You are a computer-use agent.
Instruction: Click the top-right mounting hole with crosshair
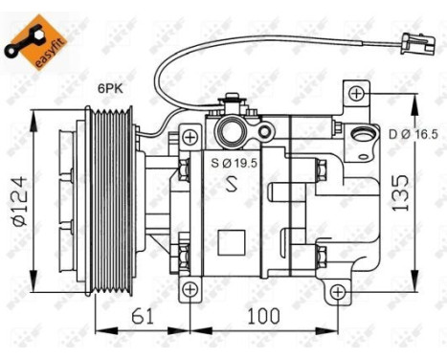[x=356, y=93]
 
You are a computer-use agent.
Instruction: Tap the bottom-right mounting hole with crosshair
[x=340, y=290]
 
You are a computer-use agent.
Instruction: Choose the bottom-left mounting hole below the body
[x=190, y=289]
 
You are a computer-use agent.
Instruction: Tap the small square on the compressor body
[x=230, y=240]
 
